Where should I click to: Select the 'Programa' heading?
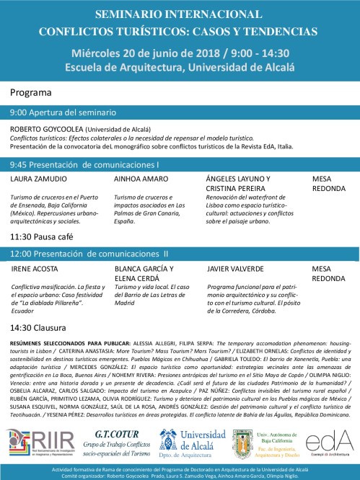(31, 92)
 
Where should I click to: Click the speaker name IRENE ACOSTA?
(34, 268)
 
